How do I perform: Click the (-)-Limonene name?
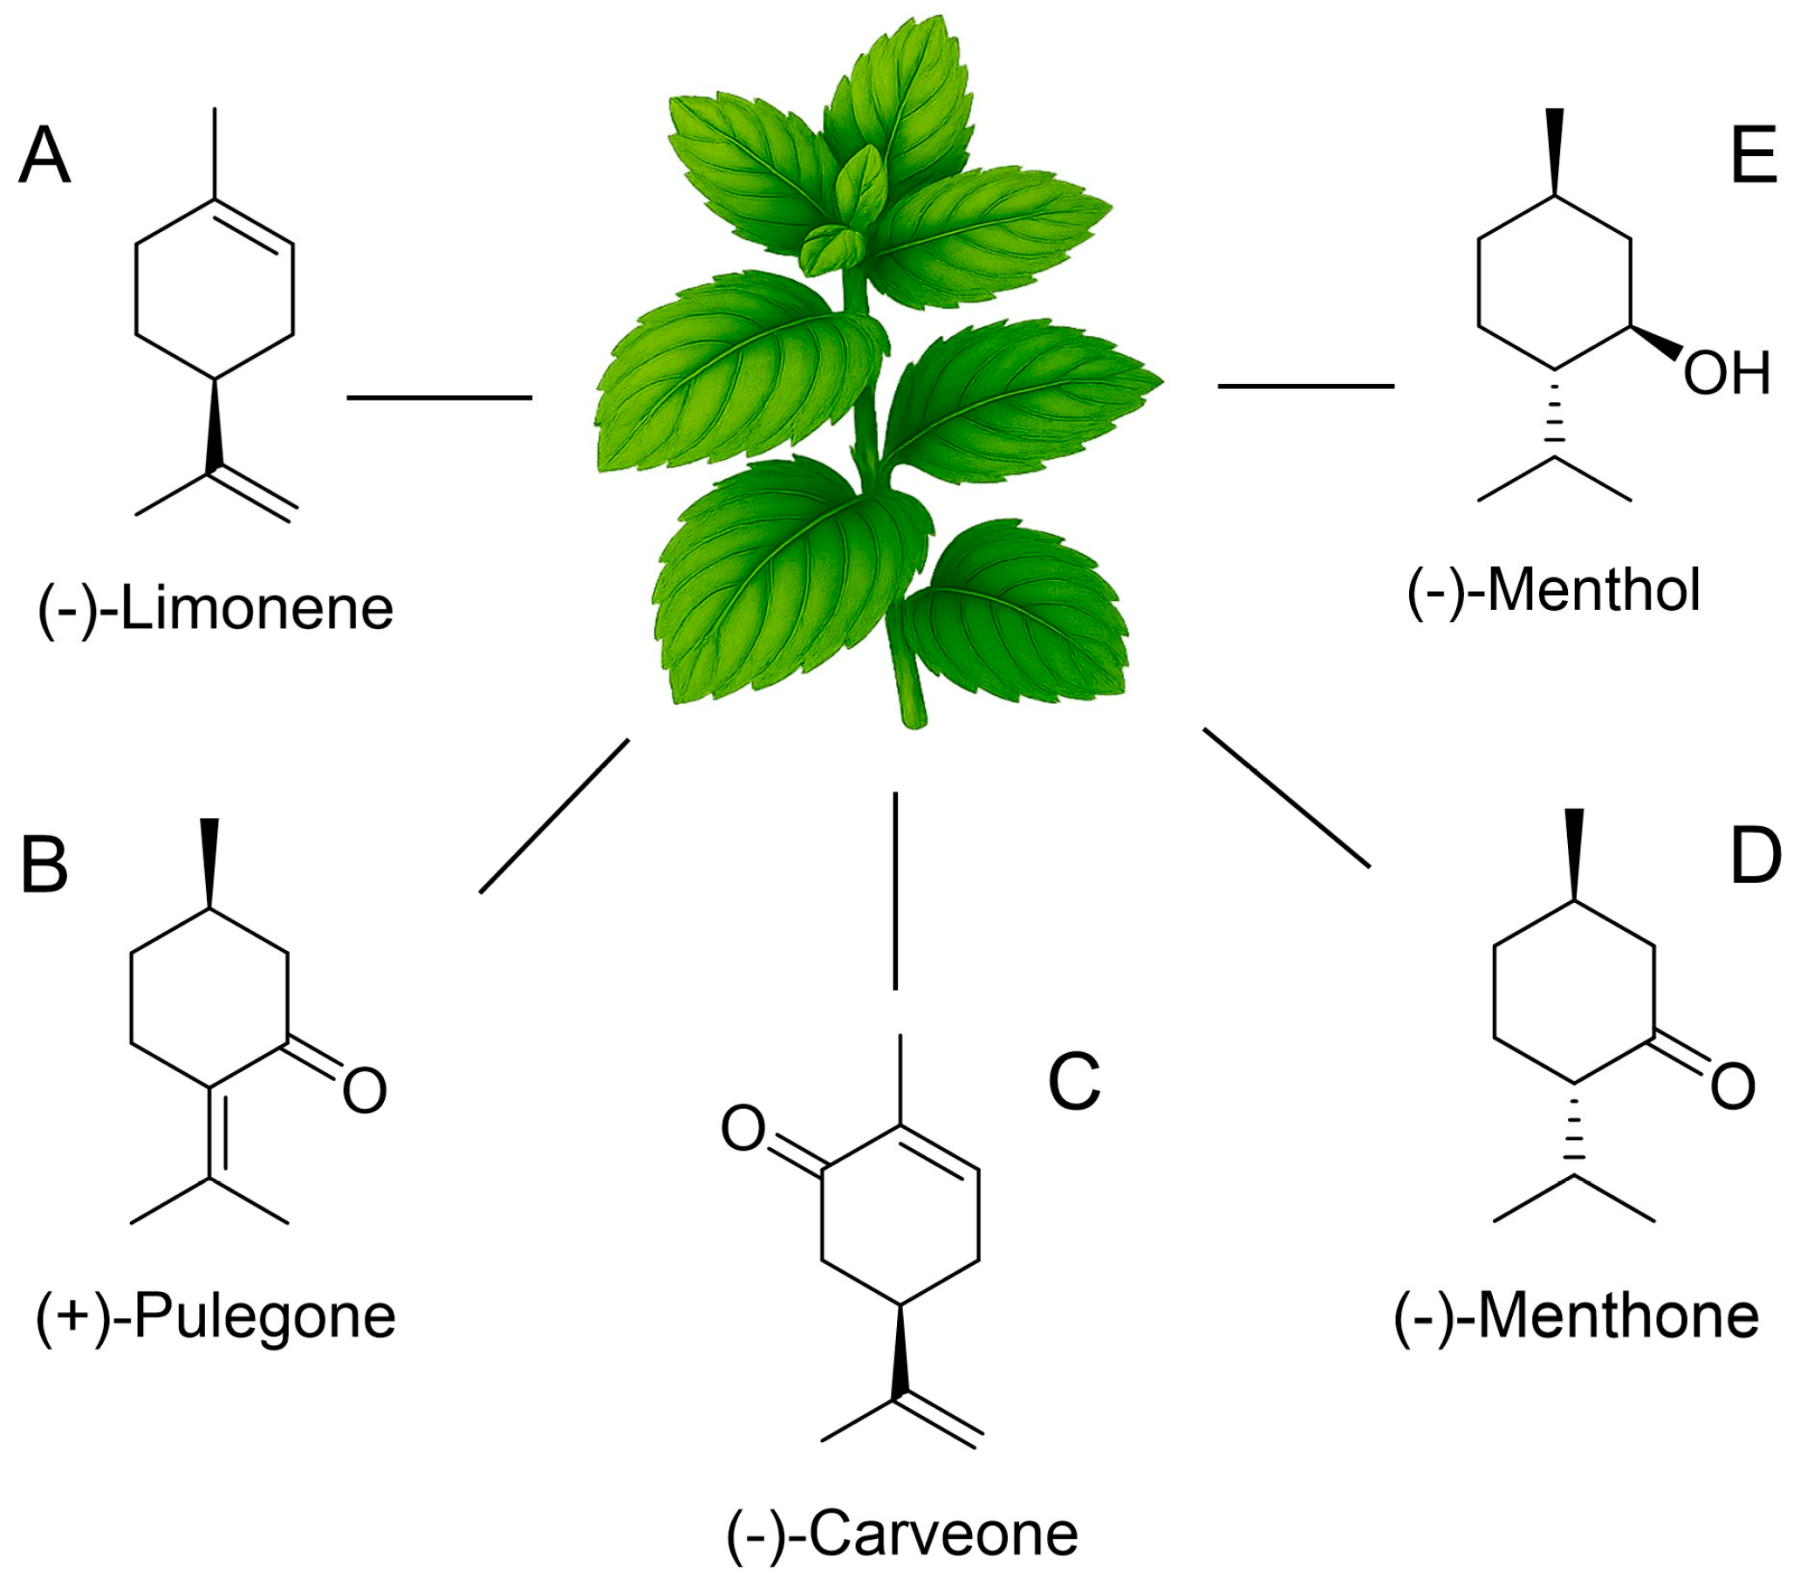click(215, 609)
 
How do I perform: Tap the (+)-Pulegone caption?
click(216, 1316)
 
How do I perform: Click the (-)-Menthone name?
click(1577, 1316)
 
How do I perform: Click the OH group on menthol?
click(1726, 373)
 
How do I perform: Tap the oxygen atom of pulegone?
click(364, 1090)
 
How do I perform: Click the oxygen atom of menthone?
click(1732, 1086)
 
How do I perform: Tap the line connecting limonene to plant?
click(439, 398)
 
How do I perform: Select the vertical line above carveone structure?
click(894, 890)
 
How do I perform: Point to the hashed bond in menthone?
click(1574, 1129)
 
